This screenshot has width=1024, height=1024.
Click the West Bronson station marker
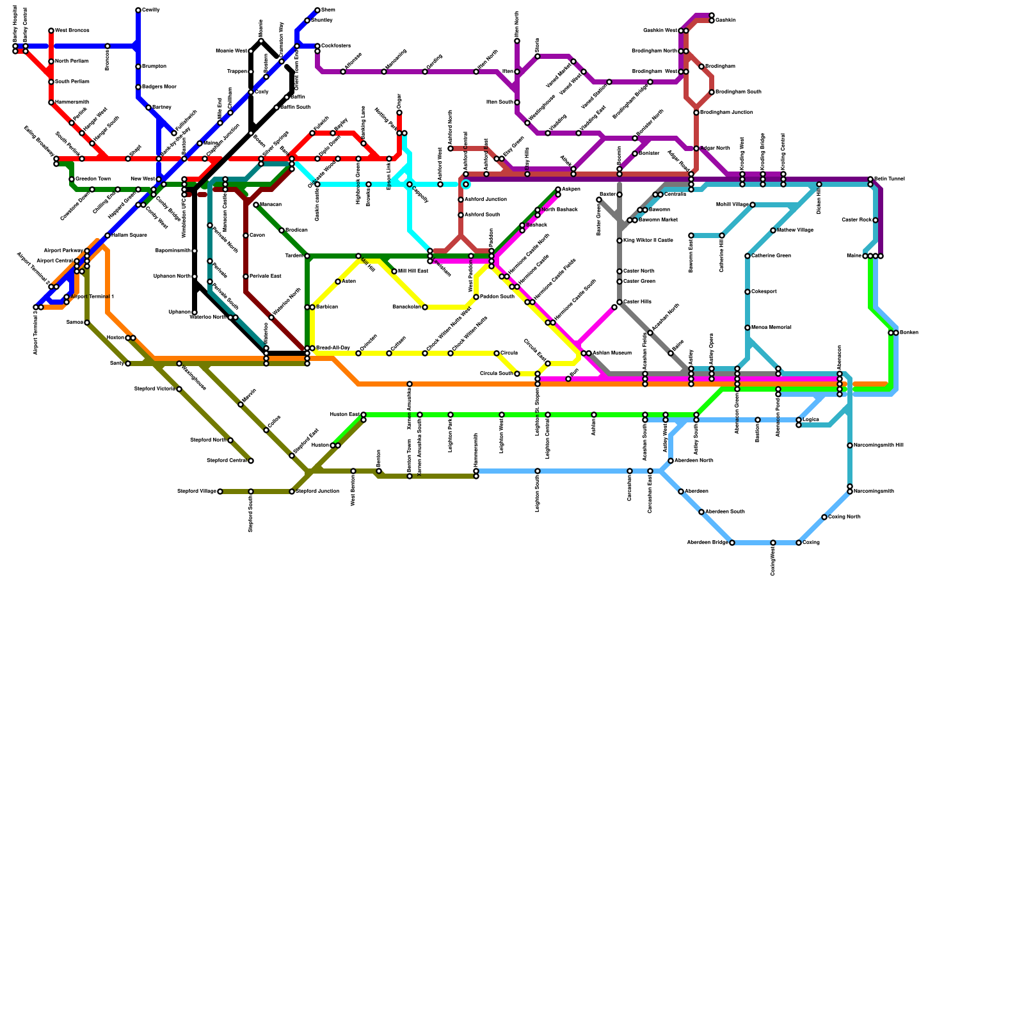pos(51,31)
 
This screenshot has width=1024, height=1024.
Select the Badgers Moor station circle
pos(138,87)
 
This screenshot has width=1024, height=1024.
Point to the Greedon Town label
pos(93,179)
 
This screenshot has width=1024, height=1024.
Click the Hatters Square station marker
pos(108,236)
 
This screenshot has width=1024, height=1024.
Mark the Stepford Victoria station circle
pos(179,389)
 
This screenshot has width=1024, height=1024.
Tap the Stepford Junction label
pos(317,492)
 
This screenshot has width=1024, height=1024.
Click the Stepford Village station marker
pos(220,492)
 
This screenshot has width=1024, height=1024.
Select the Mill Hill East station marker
pos(394,271)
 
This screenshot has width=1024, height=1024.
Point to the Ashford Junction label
pos(486,200)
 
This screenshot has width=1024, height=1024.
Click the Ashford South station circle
pos(461,215)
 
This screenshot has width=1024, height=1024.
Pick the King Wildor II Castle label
pos(648,241)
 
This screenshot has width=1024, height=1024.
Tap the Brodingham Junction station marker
pos(696,113)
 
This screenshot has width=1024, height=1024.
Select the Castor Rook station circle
pos(876,220)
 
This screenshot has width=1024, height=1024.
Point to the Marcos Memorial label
pos(771,328)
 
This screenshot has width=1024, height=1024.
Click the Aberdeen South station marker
pos(701,512)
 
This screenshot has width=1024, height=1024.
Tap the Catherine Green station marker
pos(748,256)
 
